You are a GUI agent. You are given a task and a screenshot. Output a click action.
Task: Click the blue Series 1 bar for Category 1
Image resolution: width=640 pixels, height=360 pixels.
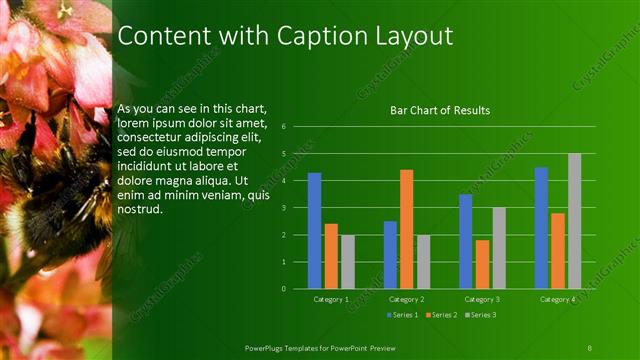point(314,231)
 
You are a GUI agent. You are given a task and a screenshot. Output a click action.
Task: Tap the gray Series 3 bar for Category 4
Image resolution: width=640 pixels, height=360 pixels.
point(574,221)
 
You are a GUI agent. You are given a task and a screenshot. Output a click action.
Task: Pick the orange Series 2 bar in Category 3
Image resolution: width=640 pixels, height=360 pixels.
point(482,264)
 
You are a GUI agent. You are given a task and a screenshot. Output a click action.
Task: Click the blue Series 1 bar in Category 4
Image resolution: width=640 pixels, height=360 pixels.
point(541,228)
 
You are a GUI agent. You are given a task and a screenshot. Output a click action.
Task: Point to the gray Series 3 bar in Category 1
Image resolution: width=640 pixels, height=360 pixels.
point(348,262)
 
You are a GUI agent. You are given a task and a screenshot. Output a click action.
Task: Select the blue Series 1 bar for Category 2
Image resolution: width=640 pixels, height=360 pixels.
point(390,255)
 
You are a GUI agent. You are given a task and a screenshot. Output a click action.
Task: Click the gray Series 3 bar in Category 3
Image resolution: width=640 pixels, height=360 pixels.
point(499,248)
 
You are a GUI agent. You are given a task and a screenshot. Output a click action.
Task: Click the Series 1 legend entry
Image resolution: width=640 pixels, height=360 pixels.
point(403,315)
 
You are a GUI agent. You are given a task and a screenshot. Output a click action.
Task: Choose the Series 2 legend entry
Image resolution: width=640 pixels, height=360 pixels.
point(442,315)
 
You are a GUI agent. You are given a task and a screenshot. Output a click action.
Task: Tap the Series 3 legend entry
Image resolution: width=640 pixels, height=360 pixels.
point(481,315)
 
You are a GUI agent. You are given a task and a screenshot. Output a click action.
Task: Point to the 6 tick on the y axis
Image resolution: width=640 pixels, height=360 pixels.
point(285,127)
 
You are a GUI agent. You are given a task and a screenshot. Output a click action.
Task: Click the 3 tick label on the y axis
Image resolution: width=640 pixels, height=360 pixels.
point(285,208)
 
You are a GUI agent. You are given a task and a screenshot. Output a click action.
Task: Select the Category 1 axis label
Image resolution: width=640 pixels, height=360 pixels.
point(331,299)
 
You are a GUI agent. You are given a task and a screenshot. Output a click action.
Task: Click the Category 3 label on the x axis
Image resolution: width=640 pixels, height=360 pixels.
point(482,299)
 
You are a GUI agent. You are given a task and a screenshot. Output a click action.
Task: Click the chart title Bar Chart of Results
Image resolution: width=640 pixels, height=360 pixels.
point(440,110)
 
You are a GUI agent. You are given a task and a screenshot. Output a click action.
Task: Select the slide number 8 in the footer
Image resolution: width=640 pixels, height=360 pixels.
point(590,346)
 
